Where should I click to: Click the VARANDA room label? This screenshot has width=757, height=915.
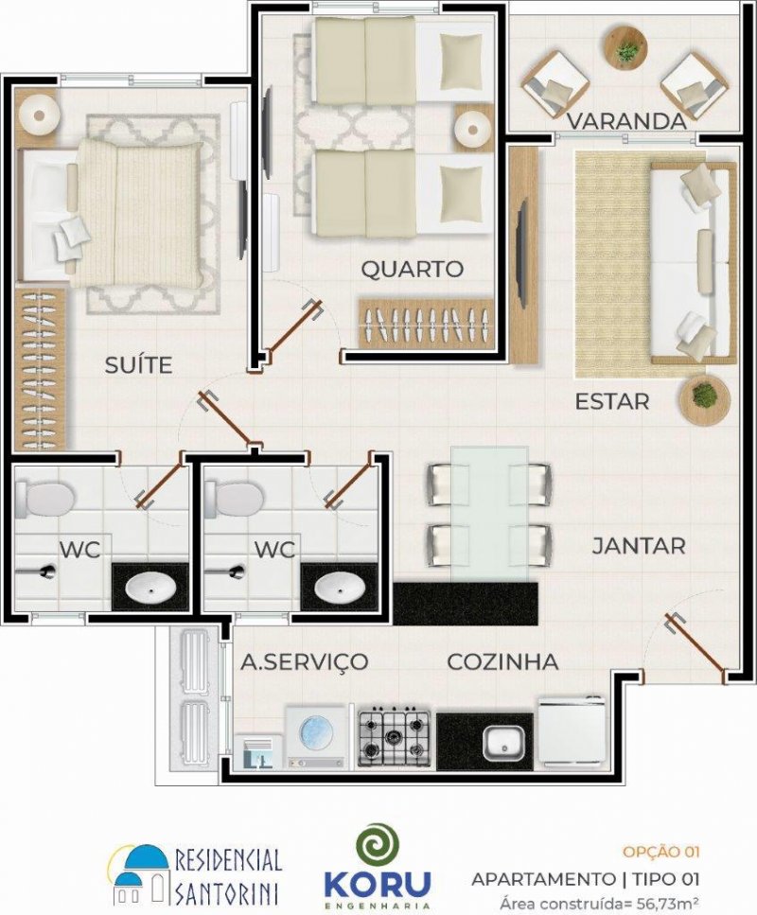(626, 121)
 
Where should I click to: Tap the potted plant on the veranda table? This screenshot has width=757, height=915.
(626, 52)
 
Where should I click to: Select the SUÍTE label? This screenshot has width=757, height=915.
(138, 365)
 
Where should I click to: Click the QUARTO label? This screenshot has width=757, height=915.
(412, 269)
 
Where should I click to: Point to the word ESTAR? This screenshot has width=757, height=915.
(611, 401)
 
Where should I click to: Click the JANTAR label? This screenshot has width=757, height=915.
(639, 546)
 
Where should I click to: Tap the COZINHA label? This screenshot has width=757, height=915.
(502, 661)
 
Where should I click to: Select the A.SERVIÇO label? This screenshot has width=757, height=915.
(305, 662)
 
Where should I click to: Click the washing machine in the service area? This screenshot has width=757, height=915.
(316, 736)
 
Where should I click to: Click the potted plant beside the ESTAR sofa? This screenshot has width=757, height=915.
(704, 399)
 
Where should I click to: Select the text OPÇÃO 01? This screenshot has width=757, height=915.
(660, 853)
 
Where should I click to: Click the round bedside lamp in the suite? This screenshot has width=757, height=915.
(39, 114)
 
